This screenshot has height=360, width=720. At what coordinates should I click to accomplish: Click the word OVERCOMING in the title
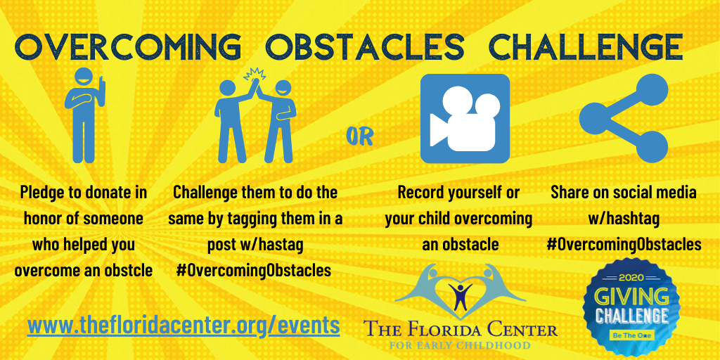click(x=129, y=46)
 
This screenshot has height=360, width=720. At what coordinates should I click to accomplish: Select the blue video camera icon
click(x=465, y=118)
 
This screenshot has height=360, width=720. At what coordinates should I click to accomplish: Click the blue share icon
click(x=624, y=118)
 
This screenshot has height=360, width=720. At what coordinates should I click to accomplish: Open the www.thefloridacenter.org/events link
click(x=184, y=326)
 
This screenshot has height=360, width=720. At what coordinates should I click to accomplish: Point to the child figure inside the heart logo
click(x=460, y=296)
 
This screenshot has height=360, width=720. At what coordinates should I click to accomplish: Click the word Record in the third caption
click(x=418, y=193)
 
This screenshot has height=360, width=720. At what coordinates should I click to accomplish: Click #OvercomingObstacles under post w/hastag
click(x=253, y=271)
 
